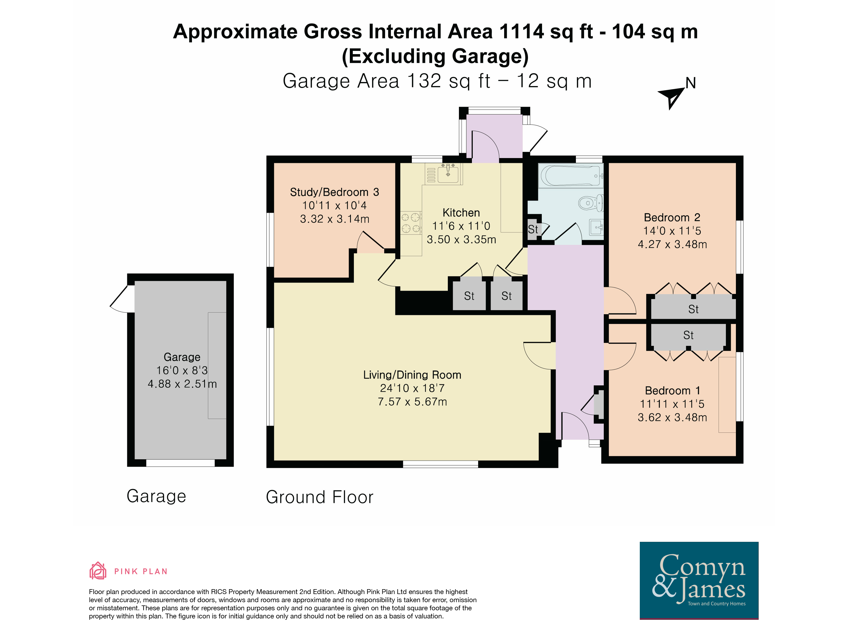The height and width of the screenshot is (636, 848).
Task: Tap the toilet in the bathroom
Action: click(x=591, y=203)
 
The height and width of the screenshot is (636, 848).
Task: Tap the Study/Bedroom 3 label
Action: click(x=334, y=192)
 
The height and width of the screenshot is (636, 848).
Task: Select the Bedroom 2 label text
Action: click(x=672, y=218)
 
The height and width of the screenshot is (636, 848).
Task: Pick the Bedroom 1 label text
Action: click(x=673, y=391)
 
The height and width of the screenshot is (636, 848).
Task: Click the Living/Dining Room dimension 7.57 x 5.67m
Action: click(x=413, y=402)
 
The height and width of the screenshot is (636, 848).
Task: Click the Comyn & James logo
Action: click(x=699, y=580)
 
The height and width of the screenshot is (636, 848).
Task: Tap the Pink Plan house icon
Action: click(x=98, y=571)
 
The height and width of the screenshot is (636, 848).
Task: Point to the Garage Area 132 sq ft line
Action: click(x=437, y=81)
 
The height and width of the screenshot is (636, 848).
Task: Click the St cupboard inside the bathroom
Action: click(x=533, y=230)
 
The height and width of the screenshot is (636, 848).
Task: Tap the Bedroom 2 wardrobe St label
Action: click(x=693, y=309)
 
